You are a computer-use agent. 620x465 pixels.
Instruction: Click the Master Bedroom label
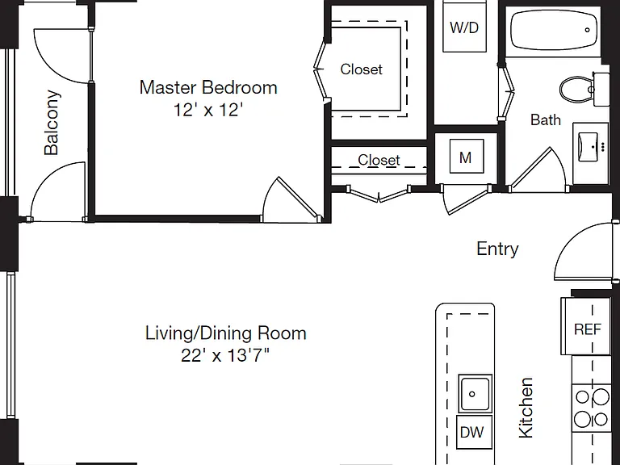[208, 87]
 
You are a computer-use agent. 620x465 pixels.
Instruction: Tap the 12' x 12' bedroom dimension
[208, 110]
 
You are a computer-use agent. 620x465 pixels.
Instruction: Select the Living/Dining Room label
[226, 333]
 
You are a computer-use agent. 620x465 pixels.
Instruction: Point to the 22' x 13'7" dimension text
[225, 355]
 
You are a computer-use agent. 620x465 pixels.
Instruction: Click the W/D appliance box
[464, 27]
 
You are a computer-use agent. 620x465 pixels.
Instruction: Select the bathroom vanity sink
[590, 147]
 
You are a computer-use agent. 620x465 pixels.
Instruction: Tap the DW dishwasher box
[474, 431]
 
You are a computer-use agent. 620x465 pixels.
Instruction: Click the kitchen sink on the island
[475, 393]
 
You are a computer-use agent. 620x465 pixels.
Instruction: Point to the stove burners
[591, 408]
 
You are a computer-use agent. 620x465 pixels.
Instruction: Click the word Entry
[497, 249]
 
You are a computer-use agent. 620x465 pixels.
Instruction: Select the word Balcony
[52, 123]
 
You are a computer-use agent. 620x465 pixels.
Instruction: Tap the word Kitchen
[526, 408]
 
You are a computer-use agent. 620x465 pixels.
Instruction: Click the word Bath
[545, 119]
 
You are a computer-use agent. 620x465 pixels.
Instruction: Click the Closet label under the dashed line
[379, 160]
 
